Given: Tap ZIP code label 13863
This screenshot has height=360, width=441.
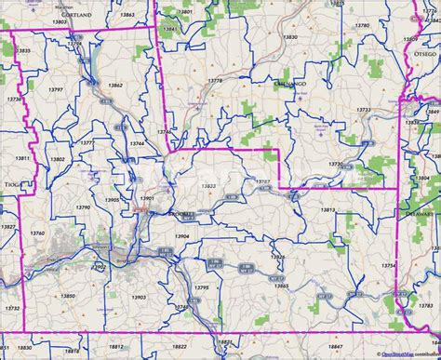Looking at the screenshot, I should (126, 15).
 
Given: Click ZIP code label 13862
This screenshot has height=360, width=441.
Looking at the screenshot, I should (114, 85).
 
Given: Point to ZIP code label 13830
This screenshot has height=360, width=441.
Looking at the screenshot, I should (290, 36).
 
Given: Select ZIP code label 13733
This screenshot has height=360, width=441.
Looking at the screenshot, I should (364, 110).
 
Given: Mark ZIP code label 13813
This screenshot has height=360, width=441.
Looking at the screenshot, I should (327, 210).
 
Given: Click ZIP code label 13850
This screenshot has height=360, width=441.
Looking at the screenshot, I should (67, 270).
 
